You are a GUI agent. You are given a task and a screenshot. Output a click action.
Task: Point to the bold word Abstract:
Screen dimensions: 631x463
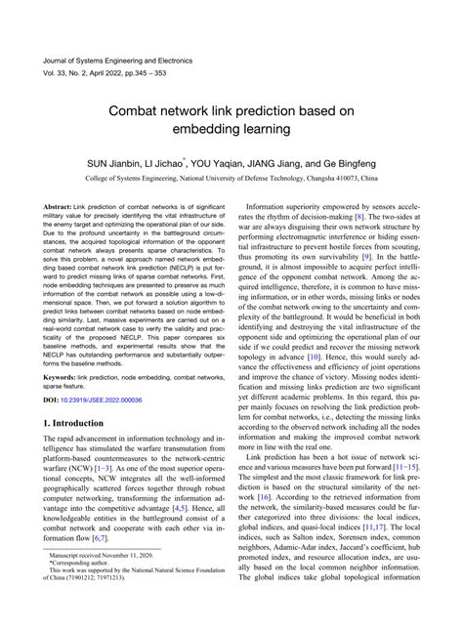[x=63, y=208]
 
